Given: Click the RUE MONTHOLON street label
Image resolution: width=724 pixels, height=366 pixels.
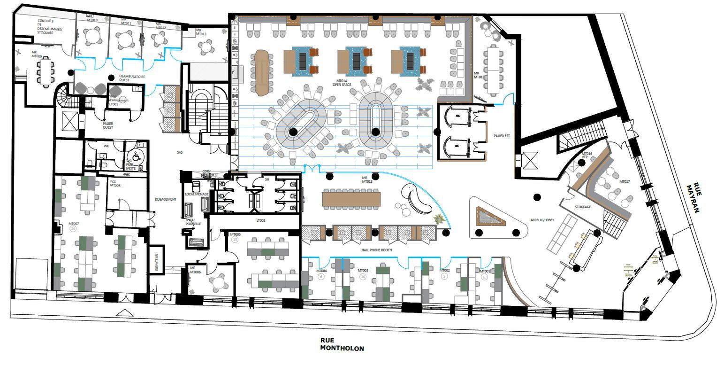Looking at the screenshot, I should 342,344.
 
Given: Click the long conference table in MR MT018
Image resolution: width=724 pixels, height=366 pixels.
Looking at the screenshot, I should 351,198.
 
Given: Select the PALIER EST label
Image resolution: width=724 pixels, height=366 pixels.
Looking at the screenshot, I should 501,136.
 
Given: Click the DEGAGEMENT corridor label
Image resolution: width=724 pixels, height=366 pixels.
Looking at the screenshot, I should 165,199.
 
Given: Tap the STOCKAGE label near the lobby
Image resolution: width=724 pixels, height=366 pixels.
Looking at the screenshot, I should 583,207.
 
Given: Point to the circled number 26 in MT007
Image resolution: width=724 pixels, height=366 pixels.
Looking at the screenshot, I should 73,229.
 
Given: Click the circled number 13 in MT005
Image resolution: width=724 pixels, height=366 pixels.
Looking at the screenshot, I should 235,240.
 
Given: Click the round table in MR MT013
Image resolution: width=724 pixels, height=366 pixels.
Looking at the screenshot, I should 206,47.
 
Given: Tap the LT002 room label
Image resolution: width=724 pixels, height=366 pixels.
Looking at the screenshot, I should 260,220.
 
